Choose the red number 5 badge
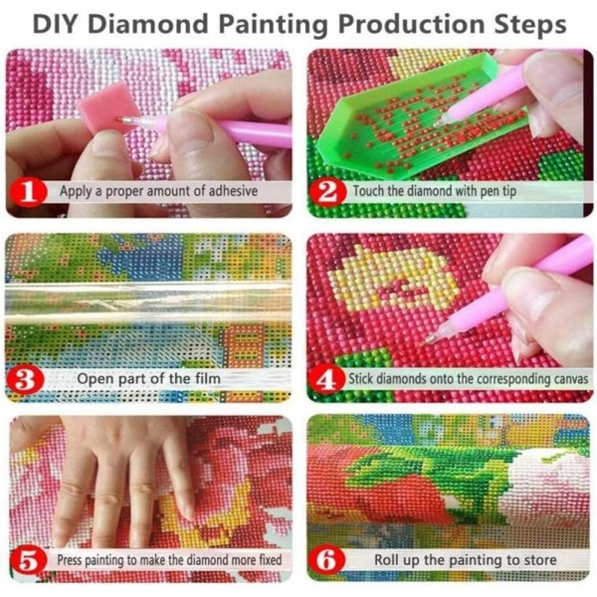[x=29, y=560]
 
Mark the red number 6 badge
[x=327, y=560]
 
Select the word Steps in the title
[x=527, y=22]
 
